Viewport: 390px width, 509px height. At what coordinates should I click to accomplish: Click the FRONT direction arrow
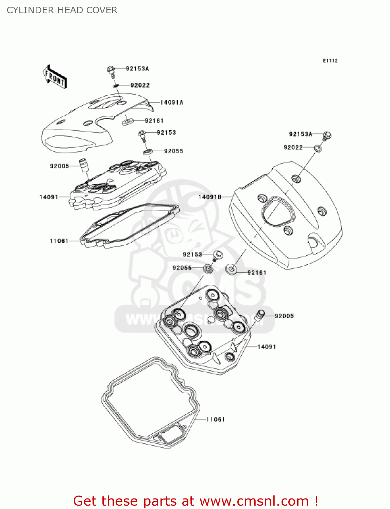[55, 77]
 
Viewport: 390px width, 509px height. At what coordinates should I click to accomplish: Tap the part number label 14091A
[171, 102]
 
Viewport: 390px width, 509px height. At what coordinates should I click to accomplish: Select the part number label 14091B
[210, 197]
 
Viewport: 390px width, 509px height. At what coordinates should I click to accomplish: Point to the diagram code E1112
[330, 61]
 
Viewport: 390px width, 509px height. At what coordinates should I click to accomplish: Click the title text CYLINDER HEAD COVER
[62, 10]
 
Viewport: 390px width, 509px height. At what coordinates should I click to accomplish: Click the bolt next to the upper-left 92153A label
[111, 70]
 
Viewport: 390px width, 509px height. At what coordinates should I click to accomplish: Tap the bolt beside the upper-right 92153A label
[327, 135]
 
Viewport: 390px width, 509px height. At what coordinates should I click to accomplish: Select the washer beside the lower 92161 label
[232, 270]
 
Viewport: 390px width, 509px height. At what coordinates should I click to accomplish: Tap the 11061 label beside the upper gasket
[59, 241]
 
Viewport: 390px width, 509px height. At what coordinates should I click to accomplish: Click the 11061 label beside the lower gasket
[216, 419]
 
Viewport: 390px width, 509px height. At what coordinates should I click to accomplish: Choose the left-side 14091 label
[49, 197]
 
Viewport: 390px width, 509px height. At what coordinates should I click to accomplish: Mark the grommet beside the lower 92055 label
[208, 269]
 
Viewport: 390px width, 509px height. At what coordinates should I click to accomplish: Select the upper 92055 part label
[173, 151]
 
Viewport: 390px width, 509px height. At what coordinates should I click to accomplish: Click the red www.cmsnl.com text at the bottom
[254, 501]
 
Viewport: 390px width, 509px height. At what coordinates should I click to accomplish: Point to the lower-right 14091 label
[267, 347]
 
